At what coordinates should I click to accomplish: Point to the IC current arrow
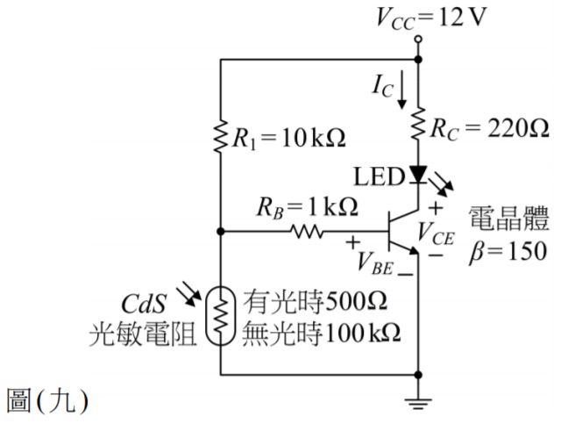pos(401,91)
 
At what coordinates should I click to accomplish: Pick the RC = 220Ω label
pos(487,129)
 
